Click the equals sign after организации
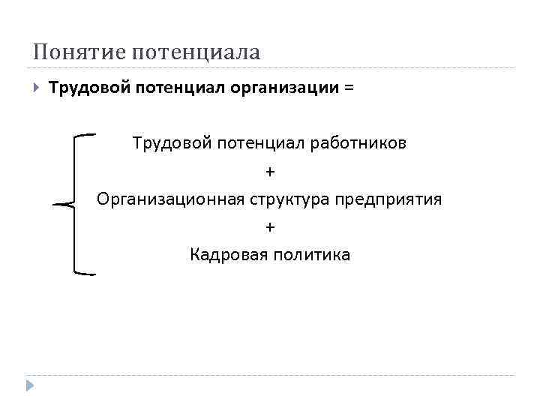tap(348, 88)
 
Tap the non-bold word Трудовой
tap(170, 142)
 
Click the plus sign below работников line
tap(270, 172)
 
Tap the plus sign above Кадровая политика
tap(270, 227)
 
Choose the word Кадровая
tap(226, 255)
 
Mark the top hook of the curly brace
tap(86, 135)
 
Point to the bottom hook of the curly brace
tap(86, 273)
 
